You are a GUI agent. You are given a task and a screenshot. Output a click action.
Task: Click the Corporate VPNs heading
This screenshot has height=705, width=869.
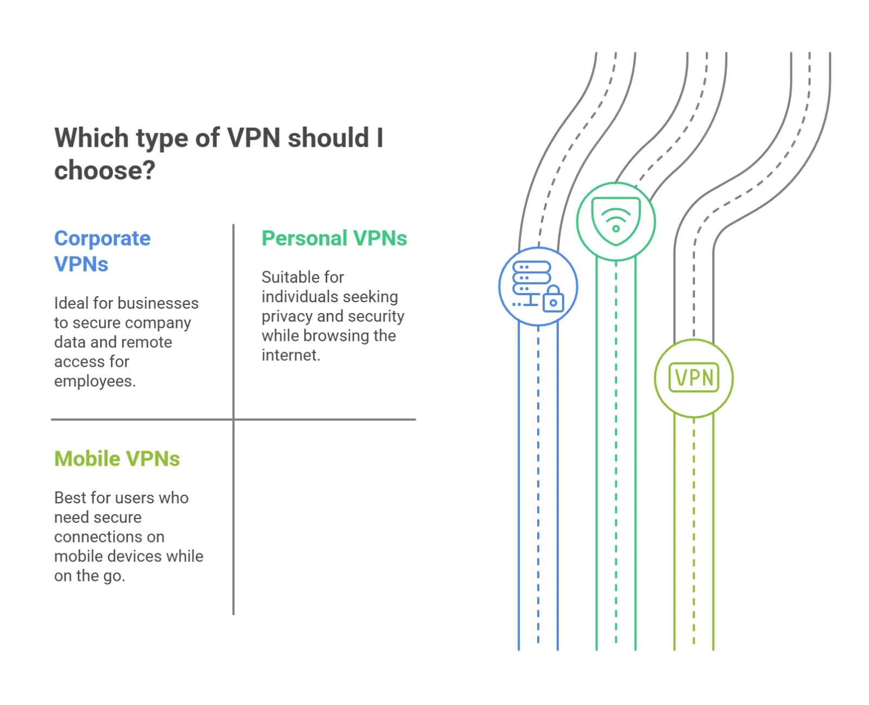(102, 251)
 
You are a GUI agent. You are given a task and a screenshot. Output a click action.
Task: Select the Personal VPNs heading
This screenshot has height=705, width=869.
(334, 238)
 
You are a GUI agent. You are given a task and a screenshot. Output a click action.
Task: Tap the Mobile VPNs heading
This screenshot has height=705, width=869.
(117, 459)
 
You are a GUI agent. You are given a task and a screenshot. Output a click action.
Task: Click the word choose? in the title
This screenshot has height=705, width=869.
(105, 170)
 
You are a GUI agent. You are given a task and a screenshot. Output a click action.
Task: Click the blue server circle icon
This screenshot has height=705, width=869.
(538, 286)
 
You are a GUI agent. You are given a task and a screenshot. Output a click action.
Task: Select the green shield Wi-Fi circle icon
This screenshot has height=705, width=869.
(615, 221)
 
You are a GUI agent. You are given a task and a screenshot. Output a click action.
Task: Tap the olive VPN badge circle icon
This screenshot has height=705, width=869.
(694, 378)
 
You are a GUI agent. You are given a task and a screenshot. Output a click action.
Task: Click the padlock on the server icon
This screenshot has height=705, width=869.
(553, 299)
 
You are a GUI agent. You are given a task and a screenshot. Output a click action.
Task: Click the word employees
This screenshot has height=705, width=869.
(95, 381)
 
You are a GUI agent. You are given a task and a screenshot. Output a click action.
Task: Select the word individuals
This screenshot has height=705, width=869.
(294, 297)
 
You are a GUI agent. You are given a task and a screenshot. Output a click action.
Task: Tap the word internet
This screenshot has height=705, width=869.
(291, 355)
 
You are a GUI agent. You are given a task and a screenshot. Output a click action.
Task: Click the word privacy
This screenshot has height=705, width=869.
(287, 316)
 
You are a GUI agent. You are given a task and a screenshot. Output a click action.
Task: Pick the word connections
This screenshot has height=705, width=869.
(109, 536)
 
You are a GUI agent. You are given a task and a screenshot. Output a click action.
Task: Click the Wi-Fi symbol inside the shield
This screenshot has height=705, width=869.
(615, 220)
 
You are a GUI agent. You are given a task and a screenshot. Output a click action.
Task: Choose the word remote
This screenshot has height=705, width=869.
(147, 342)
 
